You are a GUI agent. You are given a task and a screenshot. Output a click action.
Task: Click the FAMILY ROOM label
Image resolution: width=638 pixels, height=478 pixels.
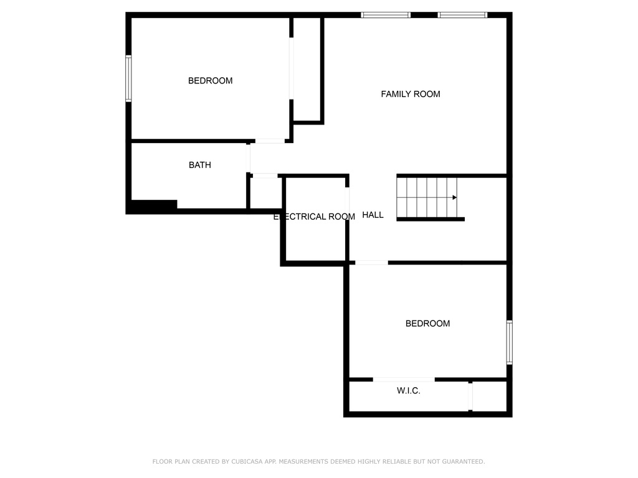coord(410,94)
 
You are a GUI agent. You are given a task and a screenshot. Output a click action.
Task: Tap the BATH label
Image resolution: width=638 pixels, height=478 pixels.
coord(200,164)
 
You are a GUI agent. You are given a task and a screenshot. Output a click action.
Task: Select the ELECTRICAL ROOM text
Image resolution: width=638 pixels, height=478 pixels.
coord(314,217)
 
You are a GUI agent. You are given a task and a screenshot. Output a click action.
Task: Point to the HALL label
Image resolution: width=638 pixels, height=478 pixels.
coord(373,215)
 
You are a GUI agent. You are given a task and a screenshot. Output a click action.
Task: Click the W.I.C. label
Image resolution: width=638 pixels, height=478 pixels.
coord(409,391)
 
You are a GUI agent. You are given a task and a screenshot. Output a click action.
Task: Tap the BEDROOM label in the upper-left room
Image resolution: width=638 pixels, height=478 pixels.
coord(210,80)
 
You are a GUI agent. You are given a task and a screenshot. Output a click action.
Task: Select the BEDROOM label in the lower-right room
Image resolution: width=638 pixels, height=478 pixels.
coord(427,323)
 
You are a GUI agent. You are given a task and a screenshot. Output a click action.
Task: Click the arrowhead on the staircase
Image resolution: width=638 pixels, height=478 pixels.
coord(454,197)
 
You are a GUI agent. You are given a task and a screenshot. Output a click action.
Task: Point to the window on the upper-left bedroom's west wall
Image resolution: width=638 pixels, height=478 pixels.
coord(128,78)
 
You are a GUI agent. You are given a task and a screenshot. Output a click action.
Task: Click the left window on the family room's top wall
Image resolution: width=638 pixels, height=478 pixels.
coord(385,15)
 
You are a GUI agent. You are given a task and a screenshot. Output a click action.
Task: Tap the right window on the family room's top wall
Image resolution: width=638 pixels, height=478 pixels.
coord(462,15)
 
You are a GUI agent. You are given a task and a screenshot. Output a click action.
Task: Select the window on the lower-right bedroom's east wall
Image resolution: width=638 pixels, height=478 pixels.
coord(509,342)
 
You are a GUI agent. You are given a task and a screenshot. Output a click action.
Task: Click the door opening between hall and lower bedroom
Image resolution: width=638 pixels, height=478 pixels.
coord(371,263)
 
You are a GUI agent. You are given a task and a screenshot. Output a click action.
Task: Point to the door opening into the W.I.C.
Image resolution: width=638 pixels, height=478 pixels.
coord(404,380)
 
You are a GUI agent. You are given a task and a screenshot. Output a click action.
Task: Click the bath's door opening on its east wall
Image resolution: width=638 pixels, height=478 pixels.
coord(248,159)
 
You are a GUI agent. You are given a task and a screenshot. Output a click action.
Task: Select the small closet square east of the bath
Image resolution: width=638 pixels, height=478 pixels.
coord(265,193)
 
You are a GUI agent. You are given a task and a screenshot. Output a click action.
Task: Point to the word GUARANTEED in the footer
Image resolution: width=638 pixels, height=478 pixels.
coord(464,461)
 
